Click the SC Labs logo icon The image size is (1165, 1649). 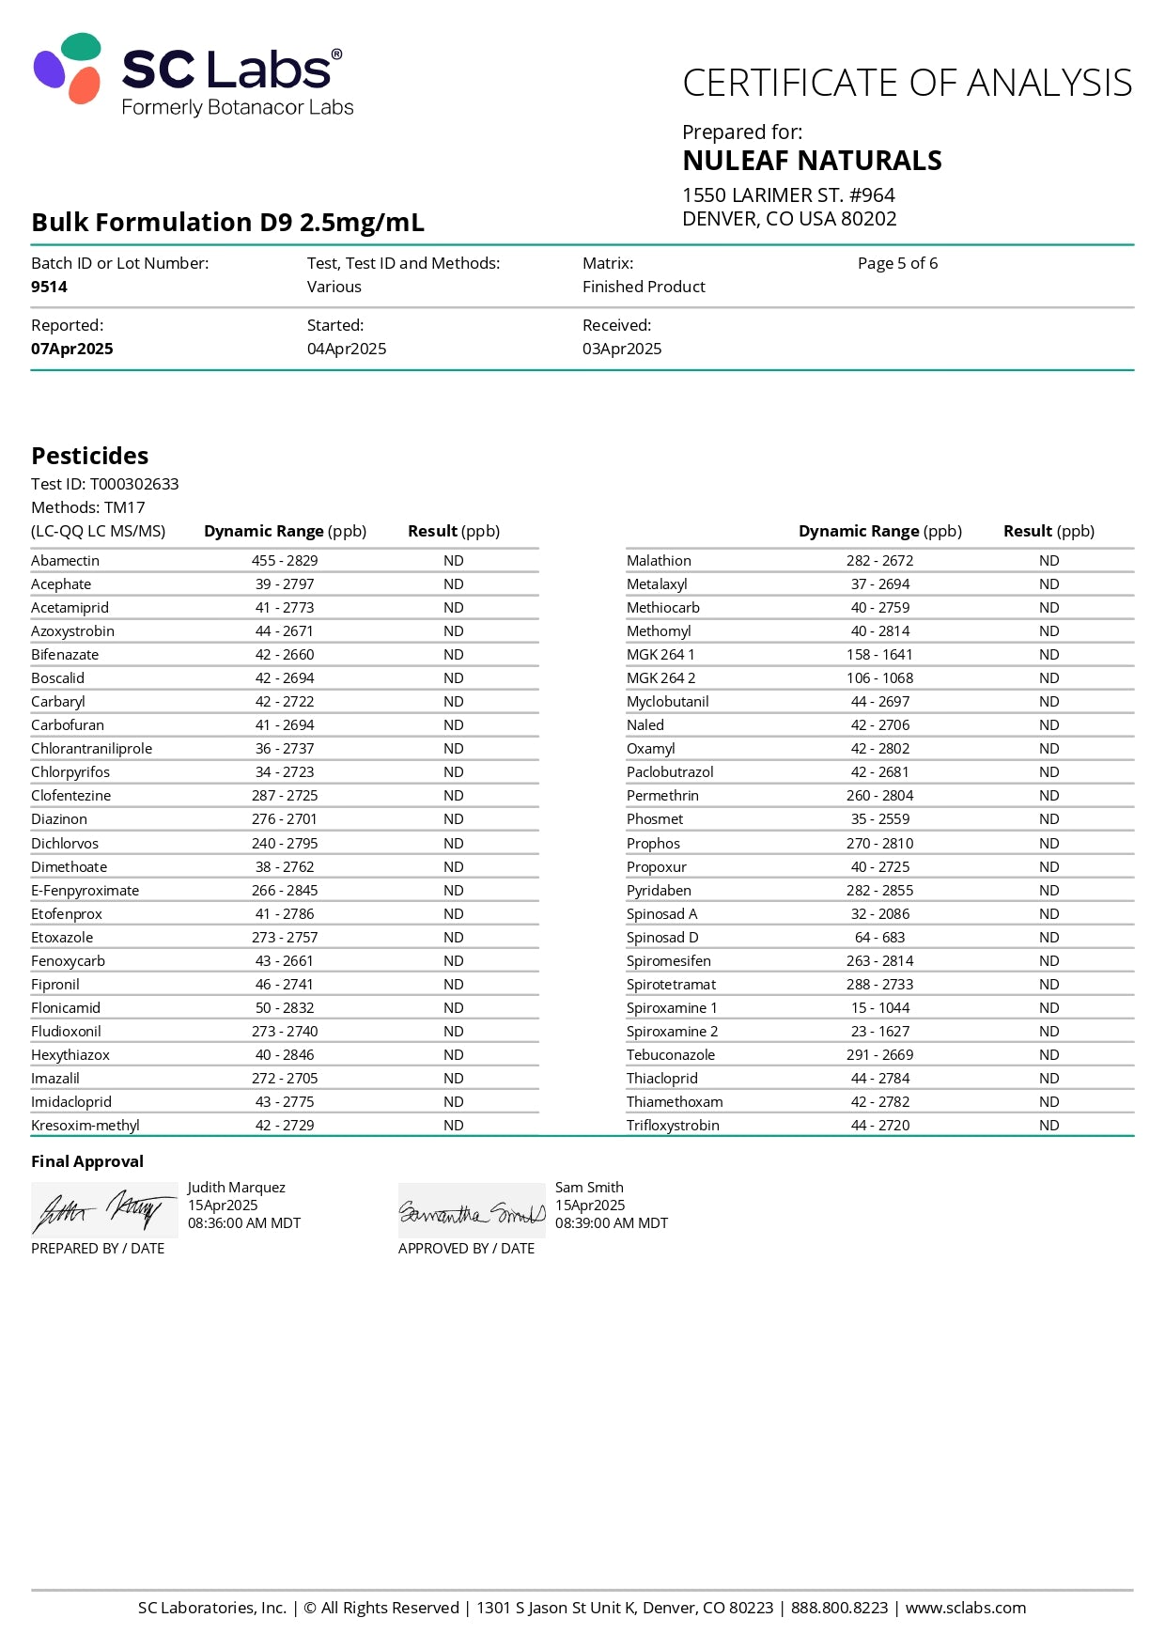point(68,69)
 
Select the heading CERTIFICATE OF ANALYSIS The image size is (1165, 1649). point(907,84)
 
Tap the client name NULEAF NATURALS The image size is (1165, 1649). point(812,161)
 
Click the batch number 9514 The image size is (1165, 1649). point(49,287)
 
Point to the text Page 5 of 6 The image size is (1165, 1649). point(897,263)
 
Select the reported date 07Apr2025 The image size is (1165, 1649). point(71,349)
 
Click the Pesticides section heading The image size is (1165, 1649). point(90,456)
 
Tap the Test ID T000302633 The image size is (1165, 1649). point(134,484)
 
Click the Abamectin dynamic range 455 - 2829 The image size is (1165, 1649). point(285,560)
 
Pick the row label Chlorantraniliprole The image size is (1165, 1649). point(91,748)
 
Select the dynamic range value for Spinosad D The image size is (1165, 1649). point(879,937)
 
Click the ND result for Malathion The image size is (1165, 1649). point(1048,560)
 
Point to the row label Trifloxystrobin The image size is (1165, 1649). point(673,1125)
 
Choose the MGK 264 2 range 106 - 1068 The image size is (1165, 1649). point(879,677)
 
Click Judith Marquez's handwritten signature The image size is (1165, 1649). point(104,1210)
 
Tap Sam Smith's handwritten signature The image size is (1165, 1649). point(472,1212)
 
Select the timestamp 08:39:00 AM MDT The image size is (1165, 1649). point(612,1223)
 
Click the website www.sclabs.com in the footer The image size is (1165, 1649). point(966,1608)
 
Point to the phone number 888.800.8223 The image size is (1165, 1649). point(839,1608)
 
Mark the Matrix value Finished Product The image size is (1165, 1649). point(644,287)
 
